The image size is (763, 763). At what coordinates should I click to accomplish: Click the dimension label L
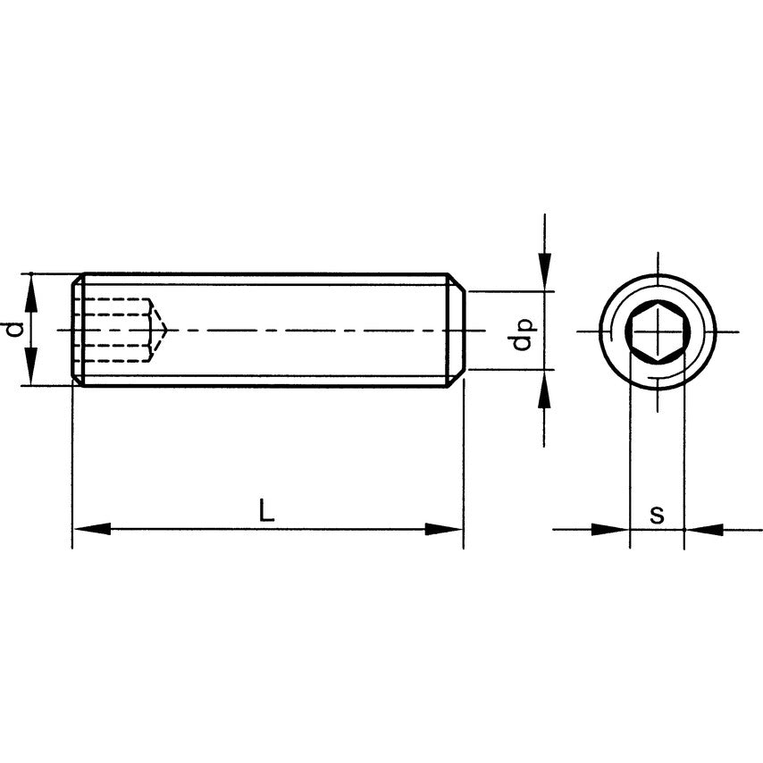(x=265, y=511)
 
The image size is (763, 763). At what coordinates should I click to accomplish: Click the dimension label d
(x=13, y=329)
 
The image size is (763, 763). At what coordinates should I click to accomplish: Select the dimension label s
(x=657, y=515)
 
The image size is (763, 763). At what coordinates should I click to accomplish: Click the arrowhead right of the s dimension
(x=704, y=529)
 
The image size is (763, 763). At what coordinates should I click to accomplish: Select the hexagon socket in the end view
(x=657, y=331)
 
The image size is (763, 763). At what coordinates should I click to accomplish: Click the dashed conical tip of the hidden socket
(x=159, y=330)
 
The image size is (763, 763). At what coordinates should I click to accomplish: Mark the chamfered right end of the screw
(x=456, y=330)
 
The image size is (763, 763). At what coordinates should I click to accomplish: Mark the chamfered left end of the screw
(x=78, y=330)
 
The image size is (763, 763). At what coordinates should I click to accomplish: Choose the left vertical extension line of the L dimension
(x=72, y=465)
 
